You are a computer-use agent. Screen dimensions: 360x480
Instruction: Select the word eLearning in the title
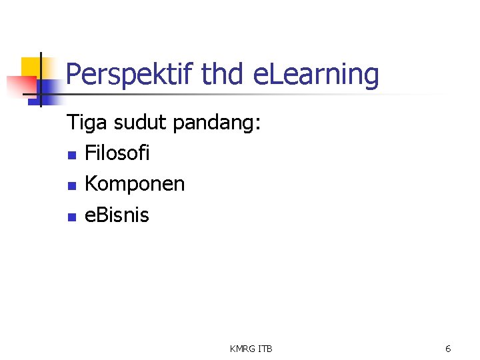point(317,75)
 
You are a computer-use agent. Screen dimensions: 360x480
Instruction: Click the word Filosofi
point(117,153)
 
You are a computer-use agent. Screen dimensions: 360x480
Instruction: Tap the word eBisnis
point(117,215)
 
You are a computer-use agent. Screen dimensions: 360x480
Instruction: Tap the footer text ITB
point(265,349)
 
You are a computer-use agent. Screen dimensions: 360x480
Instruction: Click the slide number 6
point(448,349)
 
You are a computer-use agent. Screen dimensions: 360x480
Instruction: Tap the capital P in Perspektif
point(73,75)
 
